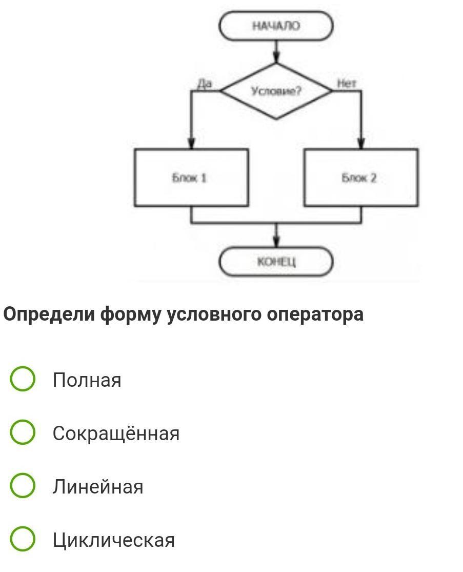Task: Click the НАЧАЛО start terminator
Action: point(276,26)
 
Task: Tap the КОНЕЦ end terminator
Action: point(276,262)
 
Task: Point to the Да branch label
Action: point(205,84)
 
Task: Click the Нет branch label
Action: point(346,84)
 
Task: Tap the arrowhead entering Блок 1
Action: point(192,143)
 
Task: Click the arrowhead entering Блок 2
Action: point(361,143)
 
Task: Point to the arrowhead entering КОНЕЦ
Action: point(276,243)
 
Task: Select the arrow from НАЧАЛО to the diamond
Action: point(276,51)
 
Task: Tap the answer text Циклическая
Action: point(114,540)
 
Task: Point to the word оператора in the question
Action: point(315,315)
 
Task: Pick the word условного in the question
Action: point(214,315)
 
